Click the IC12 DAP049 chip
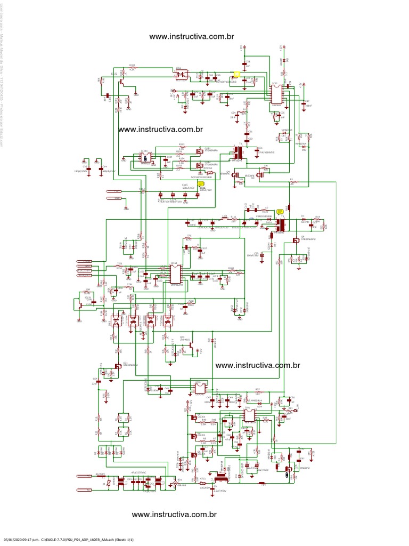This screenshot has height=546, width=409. pyautogui.click(x=276, y=94)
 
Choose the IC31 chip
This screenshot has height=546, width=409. pyautogui.click(x=200, y=389)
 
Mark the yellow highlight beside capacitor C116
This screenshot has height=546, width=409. pyautogui.click(x=201, y=184)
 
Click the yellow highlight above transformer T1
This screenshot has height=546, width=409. pyautogui.click(x=280, y=212)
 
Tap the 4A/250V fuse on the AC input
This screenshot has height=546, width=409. pyautogui.click(x=109, y=482)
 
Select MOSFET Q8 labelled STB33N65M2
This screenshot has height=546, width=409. pyautogui.click(x=295, y=241)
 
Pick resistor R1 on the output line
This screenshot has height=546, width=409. pyautogui.click(x=291, y=182)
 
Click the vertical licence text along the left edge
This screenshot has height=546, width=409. pyautogui.click(x=3, y=80)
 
